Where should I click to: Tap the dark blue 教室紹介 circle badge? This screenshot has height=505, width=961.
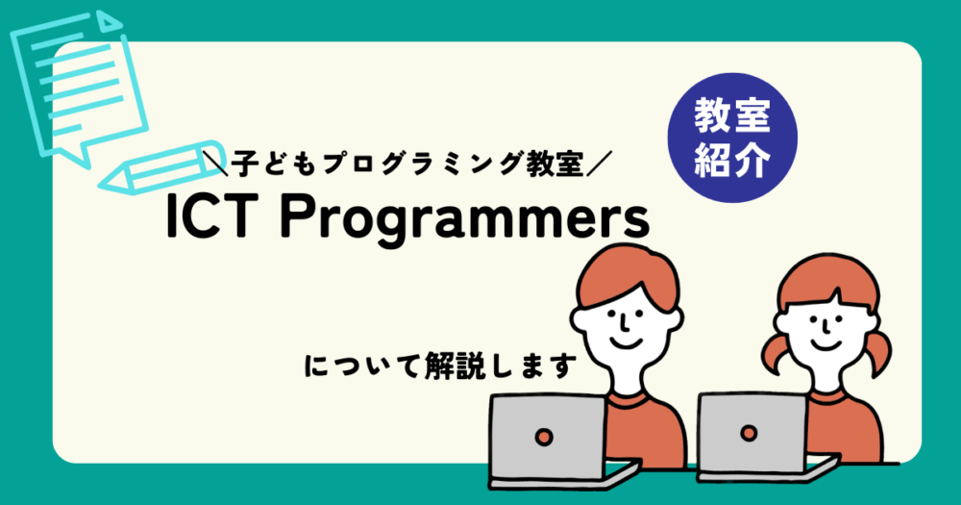tap(732, 138)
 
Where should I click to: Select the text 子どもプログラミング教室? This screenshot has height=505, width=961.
tap(407, 165)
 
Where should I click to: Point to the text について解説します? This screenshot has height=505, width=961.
tap(441, 366)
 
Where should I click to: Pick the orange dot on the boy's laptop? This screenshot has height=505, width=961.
tap(544, 437)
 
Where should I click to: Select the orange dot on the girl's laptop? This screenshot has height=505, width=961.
tap(749, 433)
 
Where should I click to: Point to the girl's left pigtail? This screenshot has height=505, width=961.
tap(774, 356)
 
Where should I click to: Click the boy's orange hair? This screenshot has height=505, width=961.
tap(627, 276)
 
